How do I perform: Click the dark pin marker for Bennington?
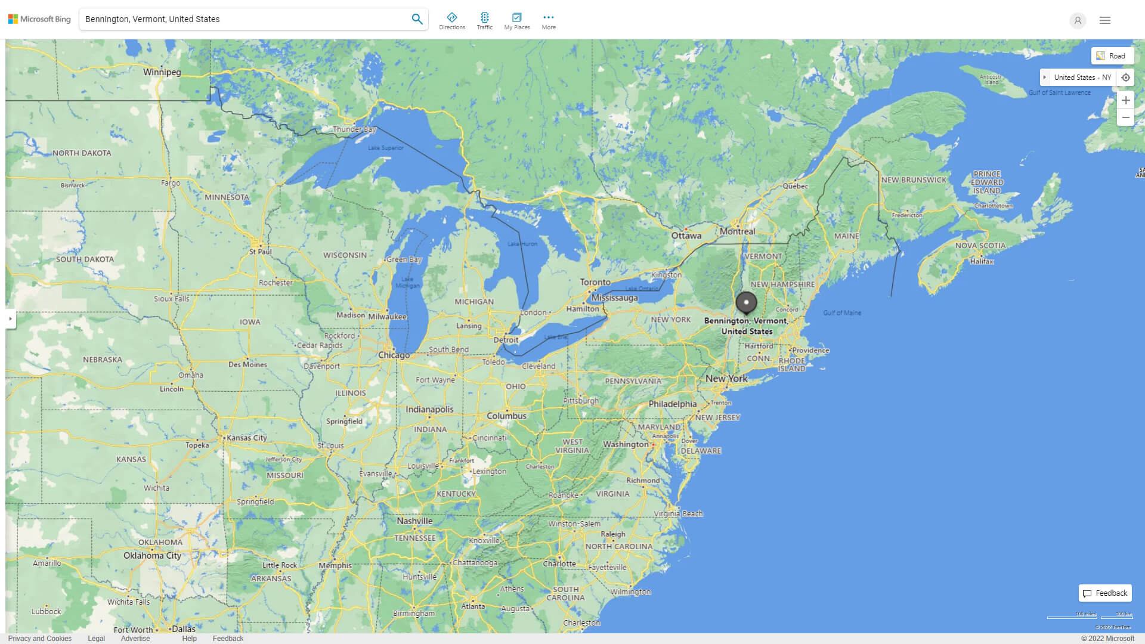(x=746, y=302)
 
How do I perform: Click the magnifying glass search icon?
(x=417, y=19)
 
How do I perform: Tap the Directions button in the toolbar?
(x=452, y=21)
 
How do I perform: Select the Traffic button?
(x=485, y=21)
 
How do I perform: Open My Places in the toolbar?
(x=516, y=21)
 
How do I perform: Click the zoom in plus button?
(x=1125, y=100)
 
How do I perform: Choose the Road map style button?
(x=1112, y=56)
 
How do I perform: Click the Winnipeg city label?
(x=162, y=72)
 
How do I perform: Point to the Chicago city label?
(x=394, y=355)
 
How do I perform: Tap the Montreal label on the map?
(x=737, y=231)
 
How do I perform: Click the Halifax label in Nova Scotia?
(x=982, y=261)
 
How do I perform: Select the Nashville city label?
(x=414, y=521)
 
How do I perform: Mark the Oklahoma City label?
(x=152, y=555)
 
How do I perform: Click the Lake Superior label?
(x=385, y=148)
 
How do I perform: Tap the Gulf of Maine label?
(x=842, y=312)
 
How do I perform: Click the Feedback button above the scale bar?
(x=1105, y=593)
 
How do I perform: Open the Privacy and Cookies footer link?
(x=40, y=639)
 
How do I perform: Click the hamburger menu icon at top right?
(x=1105, y=20)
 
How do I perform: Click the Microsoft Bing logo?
(x=39, y=19)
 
